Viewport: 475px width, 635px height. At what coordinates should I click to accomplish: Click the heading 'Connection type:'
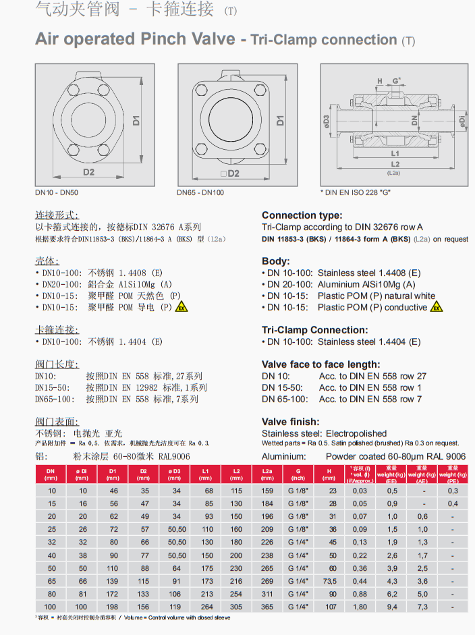point(302,215)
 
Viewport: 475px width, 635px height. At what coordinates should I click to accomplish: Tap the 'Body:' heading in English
point(276,261)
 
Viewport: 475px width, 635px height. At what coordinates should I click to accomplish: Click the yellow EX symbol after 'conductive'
point(437,307)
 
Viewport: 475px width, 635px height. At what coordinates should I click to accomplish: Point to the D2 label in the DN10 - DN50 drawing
point(89,173)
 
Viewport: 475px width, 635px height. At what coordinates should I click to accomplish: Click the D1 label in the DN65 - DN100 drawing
point(280,121)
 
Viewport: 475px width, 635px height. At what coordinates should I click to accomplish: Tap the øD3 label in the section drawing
point(327,121)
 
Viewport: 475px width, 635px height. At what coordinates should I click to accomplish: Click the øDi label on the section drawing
point(462,121)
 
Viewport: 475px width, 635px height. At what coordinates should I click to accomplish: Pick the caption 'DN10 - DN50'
point(57,192)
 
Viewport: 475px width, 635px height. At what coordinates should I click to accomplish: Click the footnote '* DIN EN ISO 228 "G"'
point(356,192)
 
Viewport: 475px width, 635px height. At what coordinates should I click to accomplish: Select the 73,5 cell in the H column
point(330,580)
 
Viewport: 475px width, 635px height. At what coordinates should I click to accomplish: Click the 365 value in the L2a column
point(267,605)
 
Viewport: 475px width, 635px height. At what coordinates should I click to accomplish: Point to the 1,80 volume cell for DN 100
point(360,605)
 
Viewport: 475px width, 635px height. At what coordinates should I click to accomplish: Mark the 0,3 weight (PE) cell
point(453,491)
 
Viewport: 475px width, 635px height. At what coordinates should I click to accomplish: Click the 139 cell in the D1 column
point(113,580)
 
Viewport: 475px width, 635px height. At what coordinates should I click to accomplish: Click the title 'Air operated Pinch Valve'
point(135,38)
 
